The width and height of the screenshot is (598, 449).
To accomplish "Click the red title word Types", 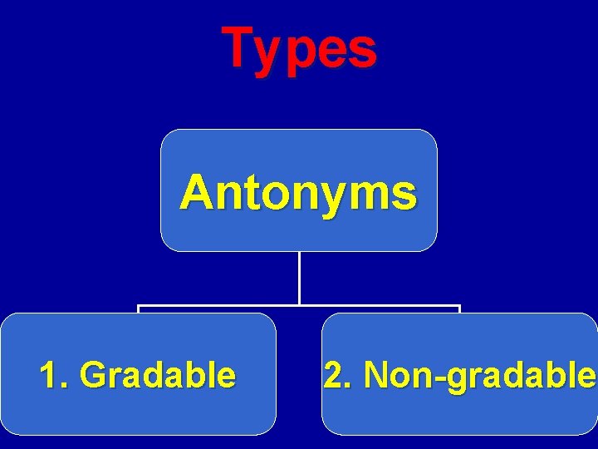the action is (x=299, y=47).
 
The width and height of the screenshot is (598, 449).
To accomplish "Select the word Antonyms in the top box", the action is (x=298, y=193).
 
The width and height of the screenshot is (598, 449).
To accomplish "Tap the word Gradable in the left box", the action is (x=158, y=375).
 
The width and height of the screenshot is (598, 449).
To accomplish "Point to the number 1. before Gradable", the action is (x=53, y=375).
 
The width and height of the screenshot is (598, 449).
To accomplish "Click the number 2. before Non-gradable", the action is (x=337, y=375).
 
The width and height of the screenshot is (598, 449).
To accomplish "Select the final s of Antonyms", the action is (x=404, y=195).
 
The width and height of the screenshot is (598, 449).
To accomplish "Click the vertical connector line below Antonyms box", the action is (x=299, y=278).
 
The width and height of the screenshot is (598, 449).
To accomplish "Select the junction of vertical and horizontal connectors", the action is (x=299, y=306).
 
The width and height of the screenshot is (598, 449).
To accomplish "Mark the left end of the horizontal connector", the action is (x=140, y=307).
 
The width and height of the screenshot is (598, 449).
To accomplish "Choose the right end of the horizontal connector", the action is (x=458, y=307).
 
